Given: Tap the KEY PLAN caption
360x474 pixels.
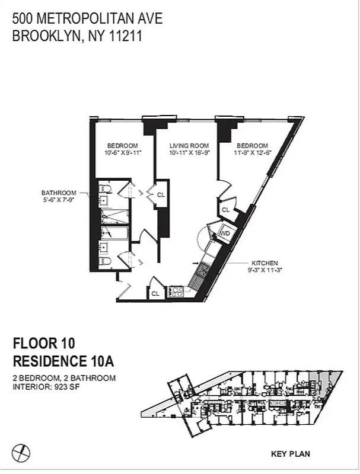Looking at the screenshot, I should pos(290,454).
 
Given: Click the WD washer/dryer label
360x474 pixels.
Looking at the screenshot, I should pos(224,234).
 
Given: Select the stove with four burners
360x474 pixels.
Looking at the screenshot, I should pos(177,291).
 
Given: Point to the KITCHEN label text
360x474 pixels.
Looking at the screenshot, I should pos(265,263).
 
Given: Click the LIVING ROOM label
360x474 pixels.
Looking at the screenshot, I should pos(187,146).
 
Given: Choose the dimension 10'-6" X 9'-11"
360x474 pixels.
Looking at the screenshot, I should pos(122,154).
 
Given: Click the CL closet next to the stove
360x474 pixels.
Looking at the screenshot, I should pos(155,293).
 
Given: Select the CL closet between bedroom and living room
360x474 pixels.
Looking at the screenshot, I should pos(161,194).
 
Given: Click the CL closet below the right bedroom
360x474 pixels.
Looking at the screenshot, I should pos(226,210).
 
